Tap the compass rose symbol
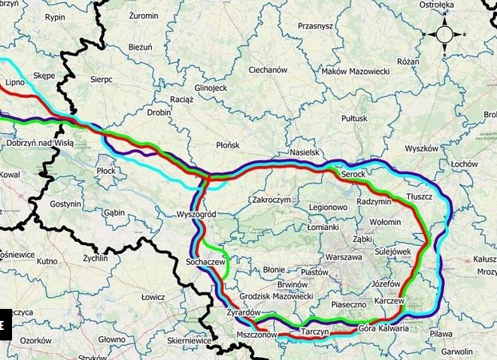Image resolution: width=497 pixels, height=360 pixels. [x=444, y=35]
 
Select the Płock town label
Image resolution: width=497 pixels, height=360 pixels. [x=107, y=171]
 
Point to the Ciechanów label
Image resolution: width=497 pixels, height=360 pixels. [x=268, y=70]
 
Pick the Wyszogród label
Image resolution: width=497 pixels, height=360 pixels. [x=197, y=214]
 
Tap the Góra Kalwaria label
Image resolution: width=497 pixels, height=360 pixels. [x=383, y=328]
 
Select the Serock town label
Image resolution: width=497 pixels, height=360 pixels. [x=353, y=174]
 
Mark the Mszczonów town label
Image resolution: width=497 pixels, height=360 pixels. [x=256, y=335]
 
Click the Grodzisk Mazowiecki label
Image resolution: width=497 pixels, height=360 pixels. [x=275, y=297]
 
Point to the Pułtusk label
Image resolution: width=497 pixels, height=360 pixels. [x=354, y=118]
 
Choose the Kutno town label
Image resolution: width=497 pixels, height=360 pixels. [x=47, y=262]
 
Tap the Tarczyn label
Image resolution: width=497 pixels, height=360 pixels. [x=316, y=331]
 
